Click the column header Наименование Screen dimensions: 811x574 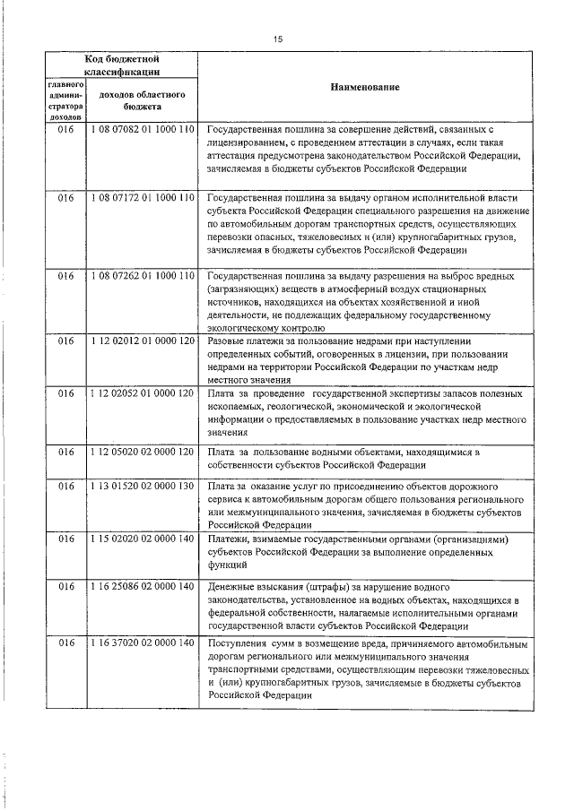point(364,88)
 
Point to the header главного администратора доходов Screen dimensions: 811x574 point(65,99)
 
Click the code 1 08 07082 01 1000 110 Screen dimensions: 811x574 point(142,130)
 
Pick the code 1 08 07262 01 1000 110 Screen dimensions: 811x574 point(142,277)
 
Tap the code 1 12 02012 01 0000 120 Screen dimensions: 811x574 point(142,342)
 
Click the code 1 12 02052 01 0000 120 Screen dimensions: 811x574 point(142,394)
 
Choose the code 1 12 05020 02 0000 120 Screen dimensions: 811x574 point(142,453)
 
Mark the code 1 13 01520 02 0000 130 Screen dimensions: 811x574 point(142,486)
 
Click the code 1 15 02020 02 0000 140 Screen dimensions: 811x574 point(142,540)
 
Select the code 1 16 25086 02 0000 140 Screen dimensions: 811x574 point(142,586)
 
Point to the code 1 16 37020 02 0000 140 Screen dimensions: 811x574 point(142,643)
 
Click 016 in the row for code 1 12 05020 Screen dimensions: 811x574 point(65,453)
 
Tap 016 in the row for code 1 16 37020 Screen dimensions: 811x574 point(65,643)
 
